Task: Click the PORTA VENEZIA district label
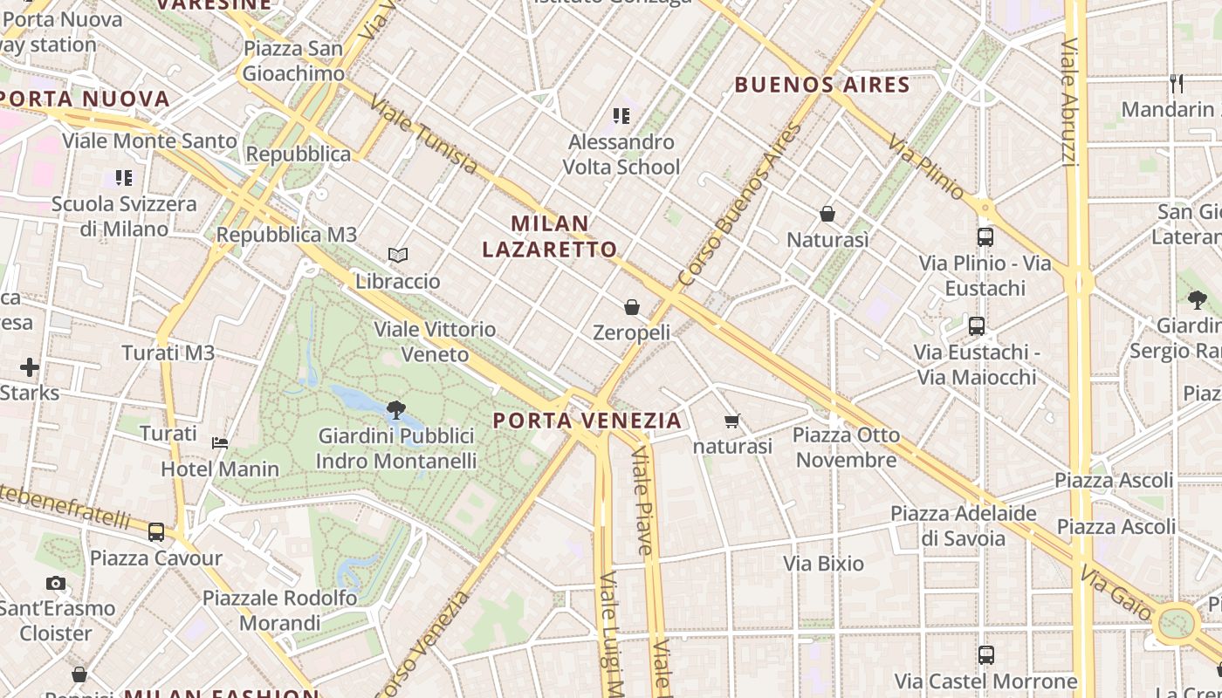coord(587,421)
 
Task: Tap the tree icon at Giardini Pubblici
coord(395,409)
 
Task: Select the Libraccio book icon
coord(398,255)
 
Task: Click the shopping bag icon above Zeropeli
coord(632,307)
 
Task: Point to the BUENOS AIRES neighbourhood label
coord(822,85)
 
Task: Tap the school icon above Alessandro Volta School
coord(621,115)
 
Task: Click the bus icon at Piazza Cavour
coord(156,531)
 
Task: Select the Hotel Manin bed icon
coord(220,443)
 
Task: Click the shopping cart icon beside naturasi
coord(732,421)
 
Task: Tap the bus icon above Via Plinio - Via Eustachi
coord(985,237)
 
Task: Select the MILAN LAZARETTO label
coord(550,236)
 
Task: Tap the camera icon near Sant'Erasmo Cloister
coord(56,583)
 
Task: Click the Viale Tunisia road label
coord(423,135)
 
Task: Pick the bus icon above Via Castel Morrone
coord(986,654)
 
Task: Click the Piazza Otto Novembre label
coord(846,447)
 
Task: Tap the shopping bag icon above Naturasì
coord(827,214)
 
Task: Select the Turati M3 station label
coord(168,353)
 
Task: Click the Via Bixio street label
coord(823,564)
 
